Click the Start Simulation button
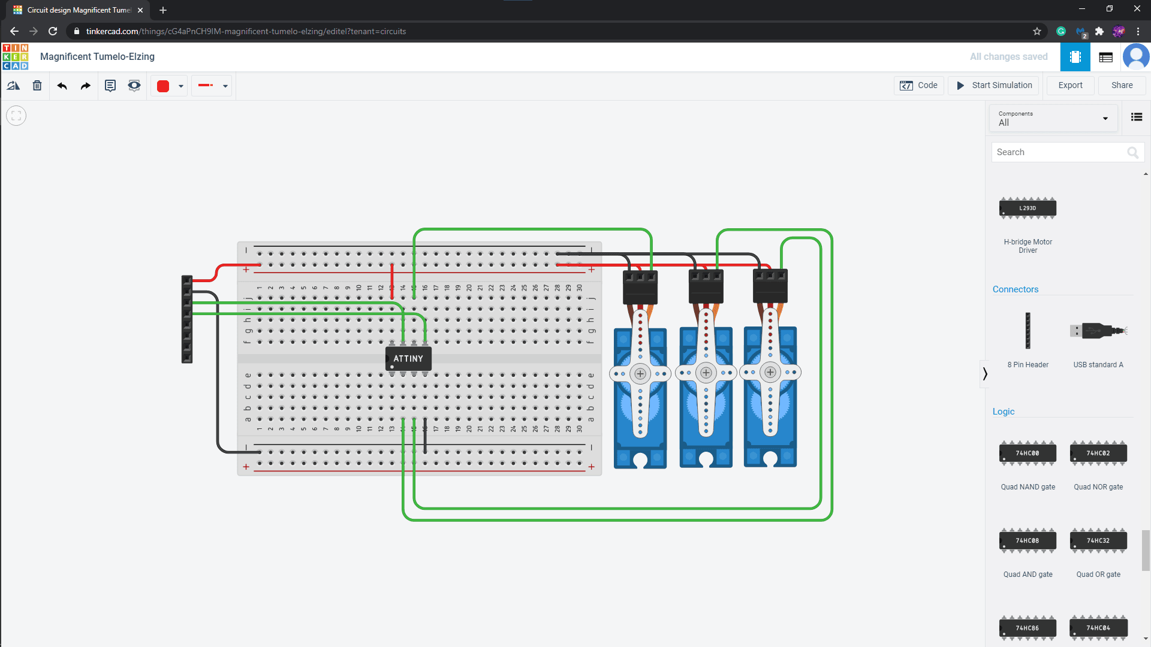click(995, 85)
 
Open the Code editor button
click(919, 85)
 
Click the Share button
click(1122, 85)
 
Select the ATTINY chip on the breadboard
click(408, 358)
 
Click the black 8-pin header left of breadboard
click(187, 319)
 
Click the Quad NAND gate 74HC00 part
click(1028, 453)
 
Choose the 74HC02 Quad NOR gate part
click(1098, 453)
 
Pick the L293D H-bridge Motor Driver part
click(1028, 208)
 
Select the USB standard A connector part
click(1098, 331)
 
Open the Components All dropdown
click(1053, 118)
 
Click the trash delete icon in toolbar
click(37, 86)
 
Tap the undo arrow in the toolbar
click(62, 86)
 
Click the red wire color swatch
click(163, 86)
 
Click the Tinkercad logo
click(16, 57)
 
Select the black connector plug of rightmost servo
click(770, 287)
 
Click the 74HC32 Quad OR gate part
click(1098, 541)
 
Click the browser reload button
click(53, 31)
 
